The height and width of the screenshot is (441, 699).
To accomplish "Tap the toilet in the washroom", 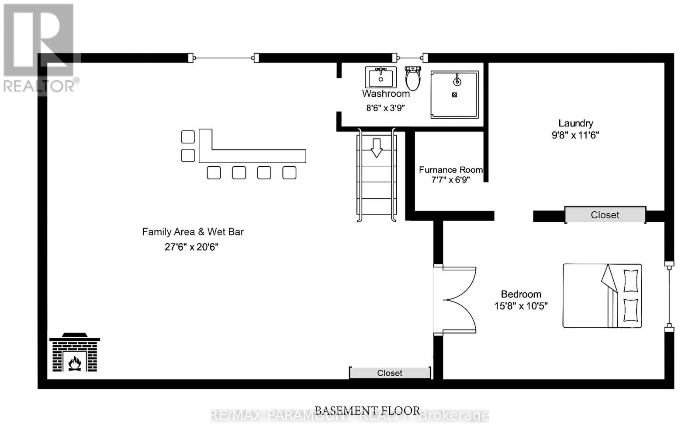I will (x=412, y=79).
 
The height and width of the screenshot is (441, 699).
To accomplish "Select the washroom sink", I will (x=381, y=77).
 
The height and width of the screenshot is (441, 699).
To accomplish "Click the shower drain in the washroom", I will (x=454, y=95).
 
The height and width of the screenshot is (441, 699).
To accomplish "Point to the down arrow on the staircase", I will (x=376, y=147).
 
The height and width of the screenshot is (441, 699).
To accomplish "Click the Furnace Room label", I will (x=450, y=170).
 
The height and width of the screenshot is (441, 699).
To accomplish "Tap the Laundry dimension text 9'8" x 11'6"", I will (x=575, y=135).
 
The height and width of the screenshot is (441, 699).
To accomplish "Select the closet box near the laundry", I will (x=605, y=215).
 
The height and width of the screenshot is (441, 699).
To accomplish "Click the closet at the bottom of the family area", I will (x=390, y=373).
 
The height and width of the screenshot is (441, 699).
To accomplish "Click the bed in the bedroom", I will (x=602, y=296).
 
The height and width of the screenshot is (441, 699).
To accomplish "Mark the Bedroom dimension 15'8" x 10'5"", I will (x=521, y=306).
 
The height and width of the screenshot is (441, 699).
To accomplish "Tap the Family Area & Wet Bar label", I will (x=193, y=232).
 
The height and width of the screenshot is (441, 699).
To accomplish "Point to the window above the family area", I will (x=224, y=58).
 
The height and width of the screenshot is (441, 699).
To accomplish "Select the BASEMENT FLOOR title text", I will (x=367, y=410).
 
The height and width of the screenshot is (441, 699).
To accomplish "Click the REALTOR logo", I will (x=39, y=48).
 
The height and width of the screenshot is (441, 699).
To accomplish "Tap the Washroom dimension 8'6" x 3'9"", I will (x=385, y=108).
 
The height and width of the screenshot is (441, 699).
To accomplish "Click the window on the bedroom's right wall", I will (x=669, y=296).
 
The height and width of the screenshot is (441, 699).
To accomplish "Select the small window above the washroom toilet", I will (x=410, y=58).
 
